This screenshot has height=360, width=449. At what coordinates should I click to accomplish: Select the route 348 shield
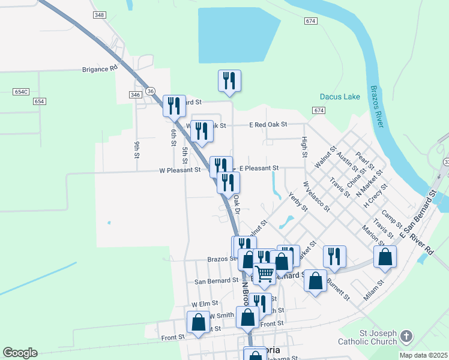pyautogui.click(x=100, y=14)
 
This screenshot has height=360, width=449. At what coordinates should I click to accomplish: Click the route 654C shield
pyautogui.click(x=21, y=92)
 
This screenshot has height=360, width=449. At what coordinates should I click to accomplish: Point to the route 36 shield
pyautogui.click(x=151, y=91)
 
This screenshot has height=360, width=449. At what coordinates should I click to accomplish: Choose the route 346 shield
pyautogui.click(x=135, y=95)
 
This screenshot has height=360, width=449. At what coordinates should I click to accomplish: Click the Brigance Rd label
pyautogui.click(x=100, y=70)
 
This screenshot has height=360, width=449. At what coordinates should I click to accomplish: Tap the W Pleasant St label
pyautogui.click(x=179, y=170)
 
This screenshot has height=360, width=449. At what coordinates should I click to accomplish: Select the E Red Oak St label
pyautogui.click(x=269, y=125)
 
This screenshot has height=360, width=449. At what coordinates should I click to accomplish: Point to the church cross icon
pyautogui.click(x=406, y=337)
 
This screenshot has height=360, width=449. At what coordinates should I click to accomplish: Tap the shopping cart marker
pyautogui.click(x=264, y=274)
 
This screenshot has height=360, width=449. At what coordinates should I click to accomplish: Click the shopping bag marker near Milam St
pyautogui.click(x=385, y=257)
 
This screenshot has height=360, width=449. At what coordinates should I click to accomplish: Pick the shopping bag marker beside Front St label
pyautogui.click(x=199, y=322)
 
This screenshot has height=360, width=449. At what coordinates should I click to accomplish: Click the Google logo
pyautogui.click(x=20, y=353)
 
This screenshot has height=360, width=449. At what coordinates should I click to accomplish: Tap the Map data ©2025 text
pyautogui.click(x=423, y=355)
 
